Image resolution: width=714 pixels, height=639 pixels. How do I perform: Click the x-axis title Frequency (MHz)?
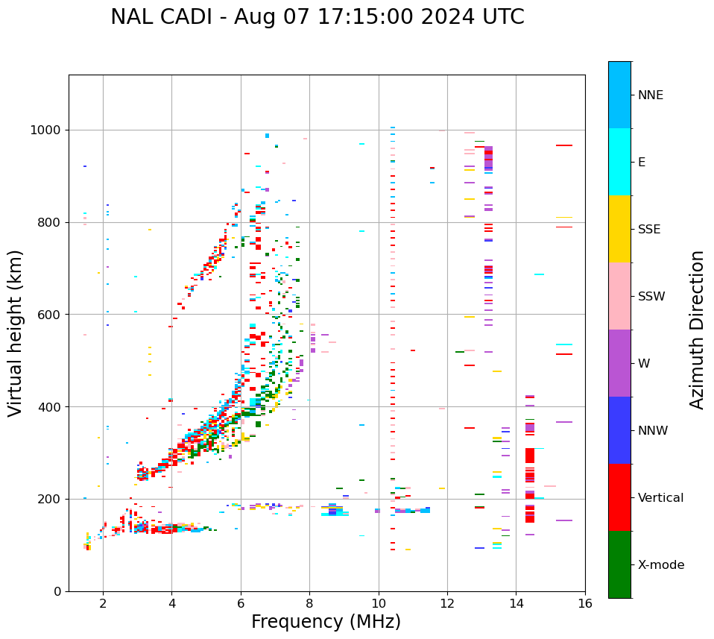[326, 622]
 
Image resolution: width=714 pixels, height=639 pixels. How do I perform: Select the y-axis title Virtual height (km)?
[16, 333]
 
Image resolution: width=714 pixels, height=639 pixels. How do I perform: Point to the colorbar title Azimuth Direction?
[697, 330]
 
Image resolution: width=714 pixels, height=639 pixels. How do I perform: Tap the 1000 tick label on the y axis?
[46, 130]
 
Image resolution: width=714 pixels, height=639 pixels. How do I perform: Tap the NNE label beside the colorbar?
[650, 95]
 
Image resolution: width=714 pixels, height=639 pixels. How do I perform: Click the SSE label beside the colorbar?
[648, 230]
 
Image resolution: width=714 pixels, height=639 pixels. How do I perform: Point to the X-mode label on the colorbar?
[661, 565]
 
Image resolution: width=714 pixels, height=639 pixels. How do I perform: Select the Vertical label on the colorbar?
[660, 498]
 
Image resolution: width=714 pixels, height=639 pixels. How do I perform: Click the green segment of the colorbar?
[619, 564]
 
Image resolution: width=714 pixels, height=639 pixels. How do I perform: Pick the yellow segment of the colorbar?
[619, 229]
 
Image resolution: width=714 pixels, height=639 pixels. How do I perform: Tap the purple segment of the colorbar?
[619, 363]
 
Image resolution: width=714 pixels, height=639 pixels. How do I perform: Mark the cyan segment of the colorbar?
[619, 162]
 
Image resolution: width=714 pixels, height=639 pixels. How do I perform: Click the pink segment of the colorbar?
[619, 296]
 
